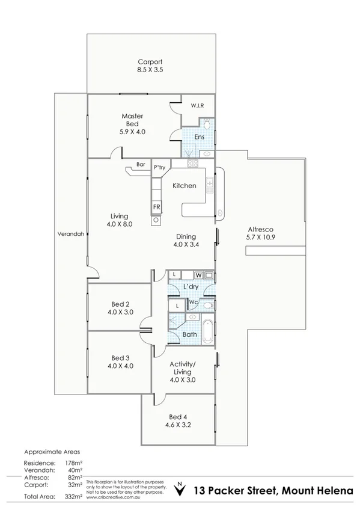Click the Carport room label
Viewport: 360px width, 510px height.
click(150, 62)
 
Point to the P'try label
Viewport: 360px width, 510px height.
click(159, 167)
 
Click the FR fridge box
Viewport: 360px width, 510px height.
click(156, 207)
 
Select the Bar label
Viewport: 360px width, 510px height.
click(141, 164)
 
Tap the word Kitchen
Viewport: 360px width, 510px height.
click(184, 186)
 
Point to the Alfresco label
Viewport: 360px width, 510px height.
click(261, 229)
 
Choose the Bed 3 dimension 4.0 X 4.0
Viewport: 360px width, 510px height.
click(120, 365)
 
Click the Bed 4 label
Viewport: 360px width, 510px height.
click(178, 417)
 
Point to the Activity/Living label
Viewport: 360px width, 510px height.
click(183, 367)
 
